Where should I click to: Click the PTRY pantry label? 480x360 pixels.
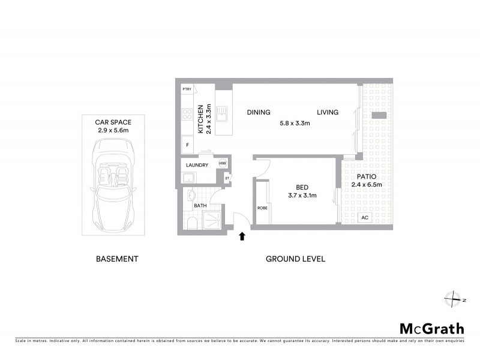pos(187,89)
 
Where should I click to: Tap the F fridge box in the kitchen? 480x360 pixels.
pos(188,145)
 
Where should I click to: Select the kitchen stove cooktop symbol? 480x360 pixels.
pos(187,114)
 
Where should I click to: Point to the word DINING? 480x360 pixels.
pos(259,112)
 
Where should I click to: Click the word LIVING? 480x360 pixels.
pos(328,112)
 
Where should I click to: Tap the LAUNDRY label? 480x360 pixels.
pos(197,165)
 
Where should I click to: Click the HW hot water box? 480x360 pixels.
pos(222,163)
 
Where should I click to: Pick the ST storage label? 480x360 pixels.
pos(227,178)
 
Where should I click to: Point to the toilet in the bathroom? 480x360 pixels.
pos(191,223)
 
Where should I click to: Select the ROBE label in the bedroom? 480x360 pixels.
pos(262,208)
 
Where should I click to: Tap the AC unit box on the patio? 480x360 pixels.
pos(364,218)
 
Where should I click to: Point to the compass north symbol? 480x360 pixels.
pos(452,299)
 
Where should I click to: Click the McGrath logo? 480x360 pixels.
pos(432,328)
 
